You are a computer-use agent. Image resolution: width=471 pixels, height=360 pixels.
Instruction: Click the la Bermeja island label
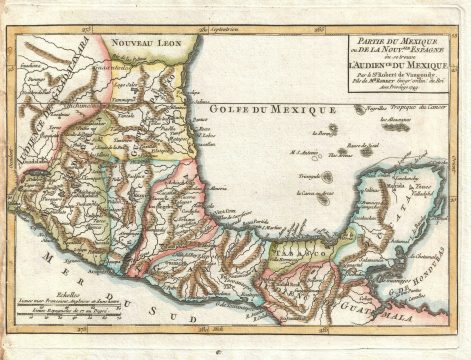click(322, 134)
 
